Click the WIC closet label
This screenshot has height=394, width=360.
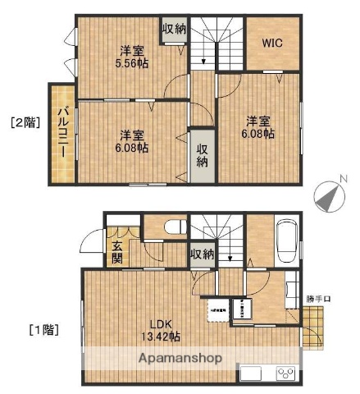(272, 43)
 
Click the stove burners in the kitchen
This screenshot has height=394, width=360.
(286, 373)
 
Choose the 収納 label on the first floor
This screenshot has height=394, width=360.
(202, 254)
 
